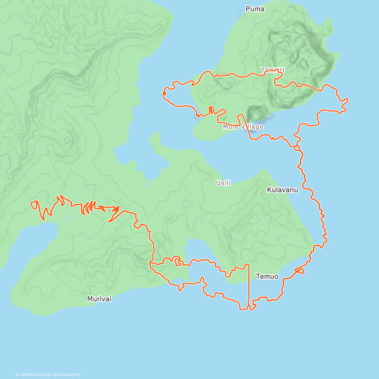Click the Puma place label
(x=255, y=9)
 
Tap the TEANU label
(x=272, y=70)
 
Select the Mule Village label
(x=243, y=127)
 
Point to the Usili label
(x=223, y=183)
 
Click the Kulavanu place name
(x=282, y=190)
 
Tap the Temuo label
(x=267, y=277)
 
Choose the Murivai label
(x=99, y=299)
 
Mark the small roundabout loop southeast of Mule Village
(x=297, y=147)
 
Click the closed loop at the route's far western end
(x=34, y=205)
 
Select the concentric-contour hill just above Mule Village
(x=256, y=114)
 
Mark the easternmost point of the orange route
(x=348, y=100)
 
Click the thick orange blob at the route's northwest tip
(x=164, y=93)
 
